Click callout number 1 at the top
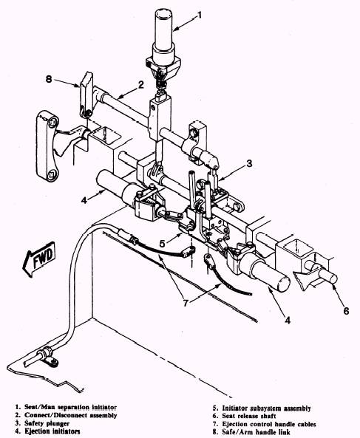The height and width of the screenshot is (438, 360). (x=199, y=15)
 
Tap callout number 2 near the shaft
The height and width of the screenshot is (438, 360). (x=141, y=85)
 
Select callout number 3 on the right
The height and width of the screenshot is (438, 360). (x=249, y=163)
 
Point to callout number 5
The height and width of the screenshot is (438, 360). (x=163, y=244)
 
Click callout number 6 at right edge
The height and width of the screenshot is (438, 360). (x=346, y=311)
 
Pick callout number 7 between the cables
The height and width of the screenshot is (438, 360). (x=186, y=303)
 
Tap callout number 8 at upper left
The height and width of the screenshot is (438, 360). (x=49, y=79)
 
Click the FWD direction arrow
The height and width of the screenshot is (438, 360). (x=39, y=259)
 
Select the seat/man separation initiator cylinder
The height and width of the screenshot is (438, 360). (x=163, y=36)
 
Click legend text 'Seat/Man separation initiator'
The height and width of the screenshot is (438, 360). (x=70, y=407)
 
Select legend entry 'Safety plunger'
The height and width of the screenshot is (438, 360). (x=47, y=423)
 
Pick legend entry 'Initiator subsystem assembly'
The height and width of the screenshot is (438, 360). (x=266, y=408)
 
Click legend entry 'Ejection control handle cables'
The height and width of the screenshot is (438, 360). (x=269, y=424)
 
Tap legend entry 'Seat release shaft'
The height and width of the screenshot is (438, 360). (x=249, y=417)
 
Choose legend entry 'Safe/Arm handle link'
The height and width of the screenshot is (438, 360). (x=257, y=432)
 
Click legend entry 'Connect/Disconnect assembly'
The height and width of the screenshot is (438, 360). (x=71, y=415)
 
